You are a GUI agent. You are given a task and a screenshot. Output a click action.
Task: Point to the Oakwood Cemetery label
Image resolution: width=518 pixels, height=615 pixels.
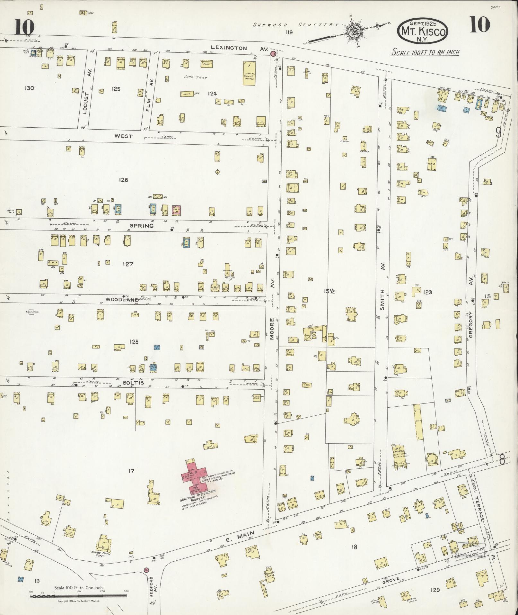[295, 25]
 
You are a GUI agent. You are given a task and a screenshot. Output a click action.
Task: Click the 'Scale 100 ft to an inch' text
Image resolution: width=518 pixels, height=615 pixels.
[425, 52]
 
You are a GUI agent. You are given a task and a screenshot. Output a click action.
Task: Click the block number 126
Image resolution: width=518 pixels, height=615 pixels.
[123, 180]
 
